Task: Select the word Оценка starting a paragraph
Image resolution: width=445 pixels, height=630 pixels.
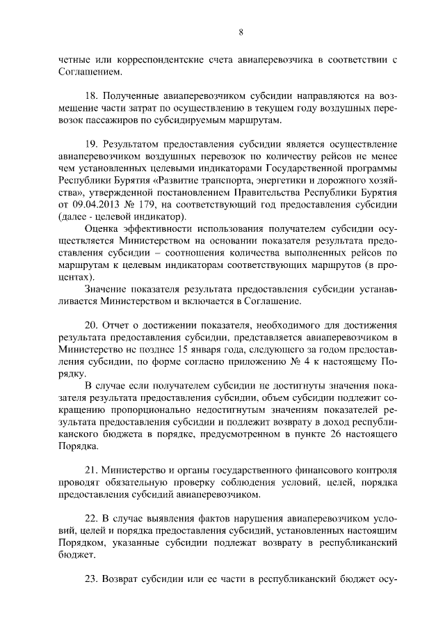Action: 102,228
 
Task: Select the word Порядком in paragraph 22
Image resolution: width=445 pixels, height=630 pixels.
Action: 83,542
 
